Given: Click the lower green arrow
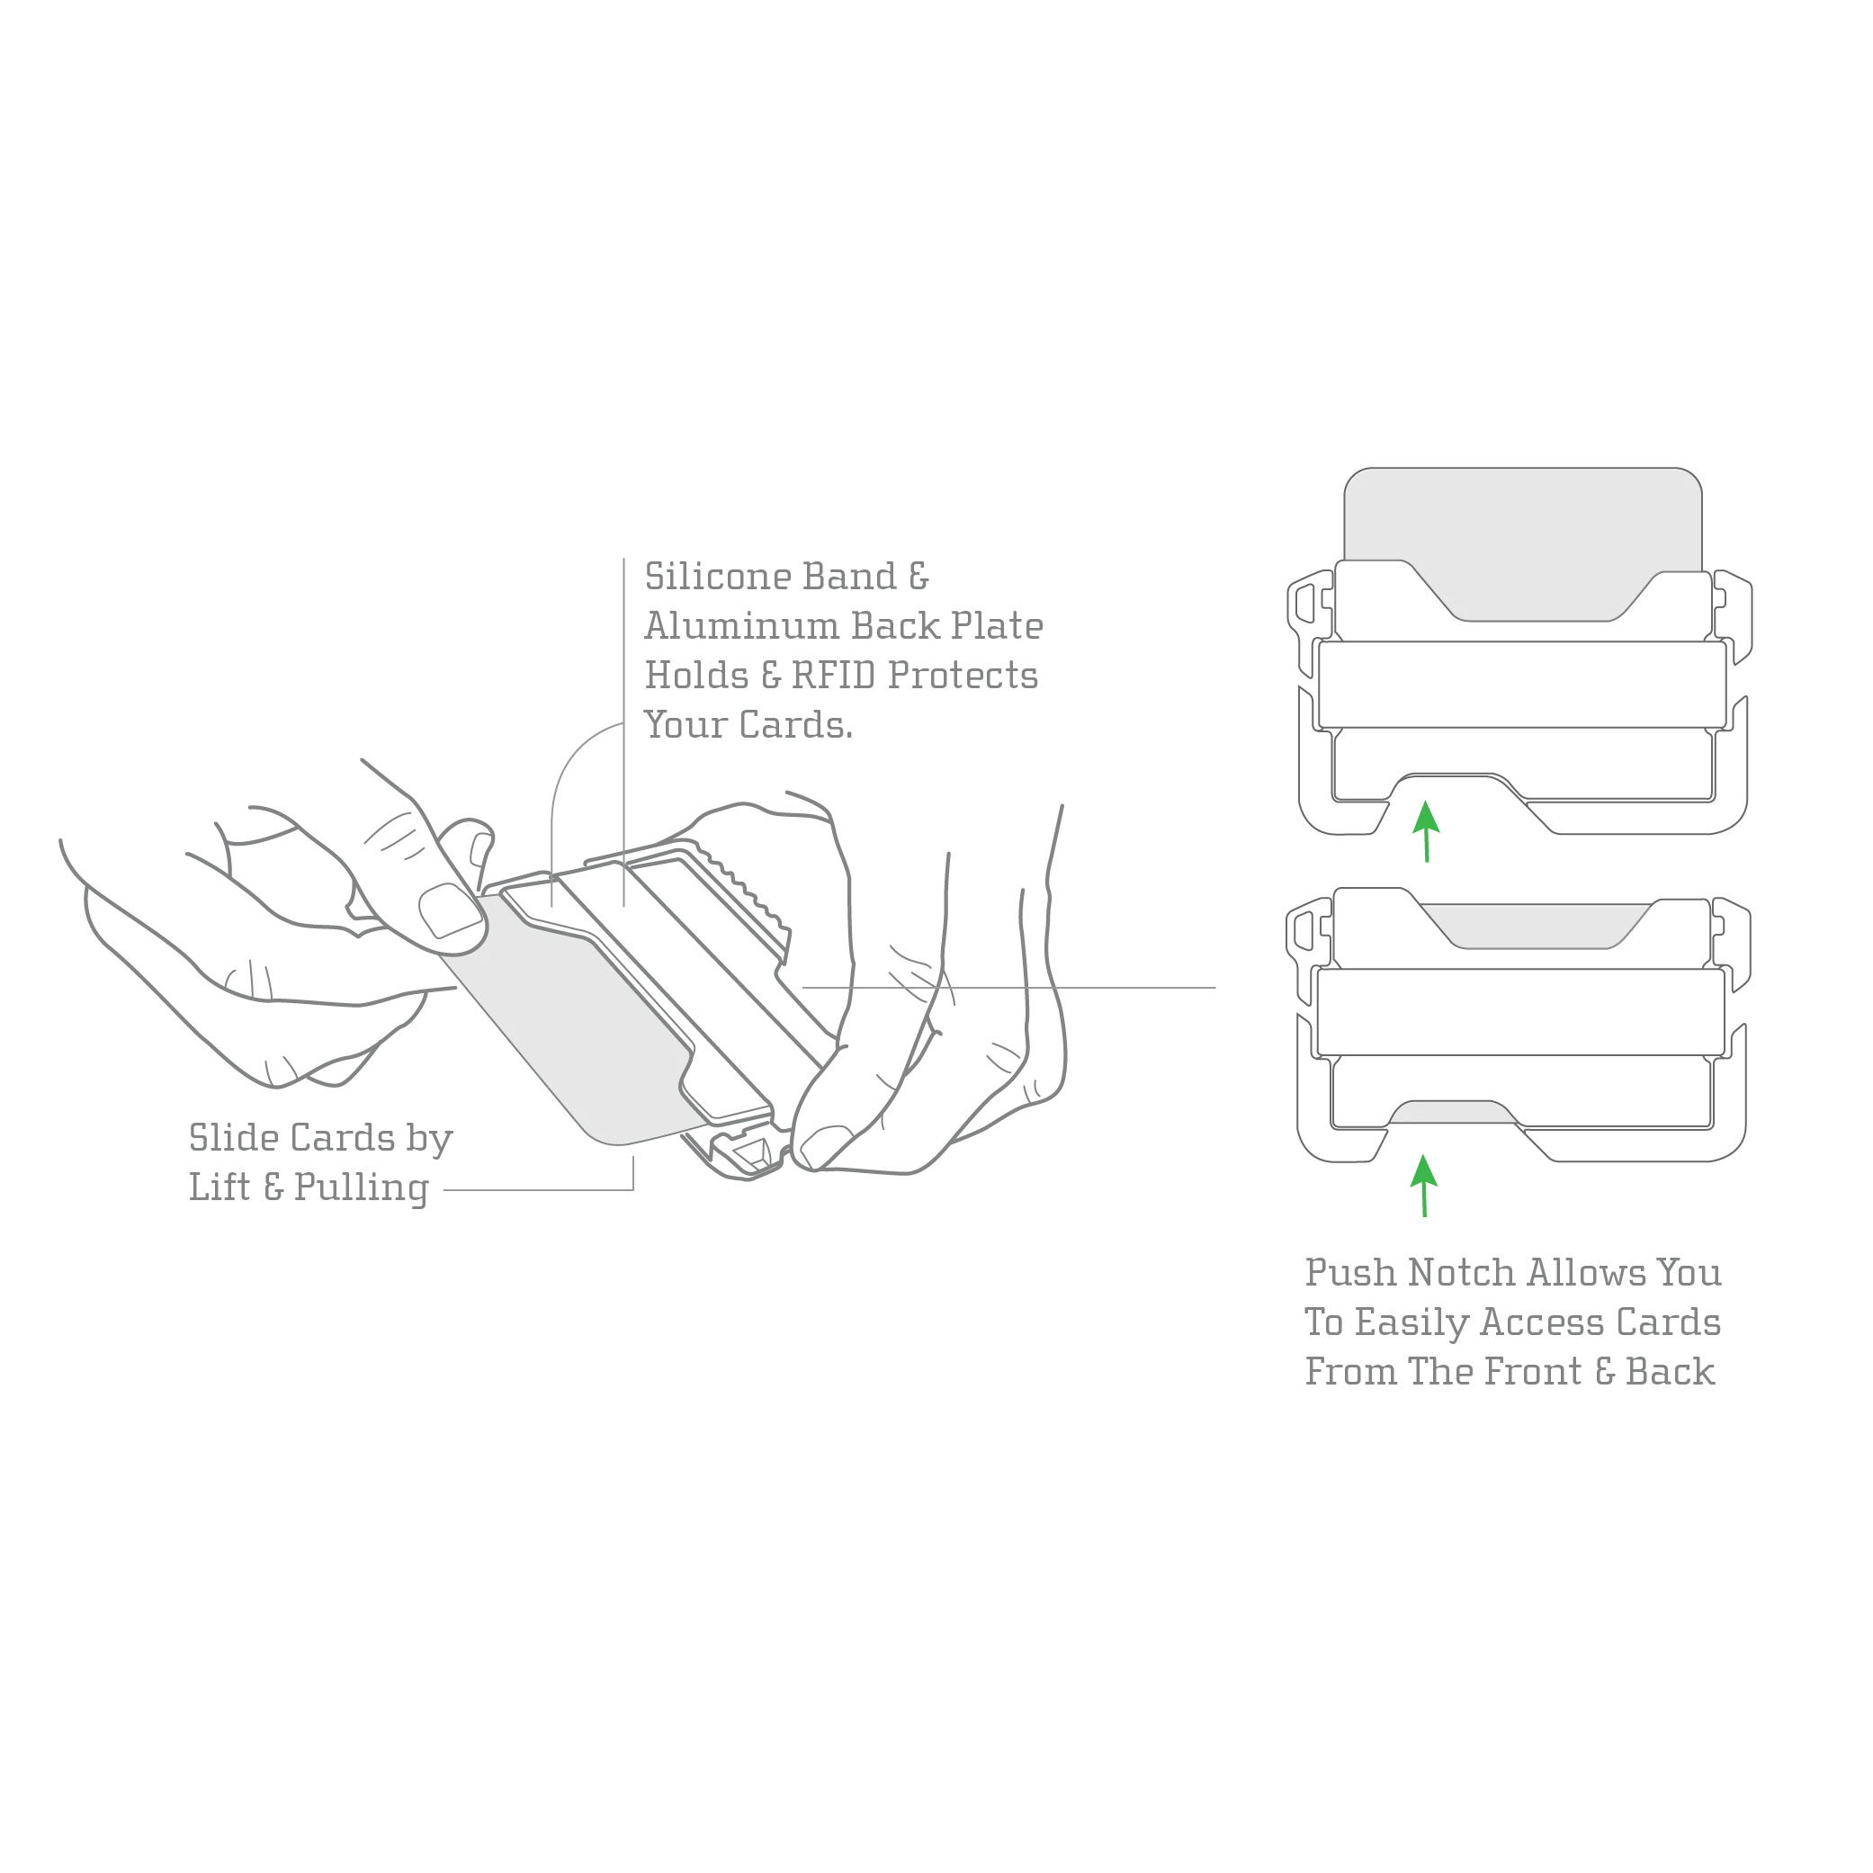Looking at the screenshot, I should [1423, 1185].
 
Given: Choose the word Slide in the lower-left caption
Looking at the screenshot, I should [223, 1136].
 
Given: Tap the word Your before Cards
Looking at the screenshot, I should [685, 723].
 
